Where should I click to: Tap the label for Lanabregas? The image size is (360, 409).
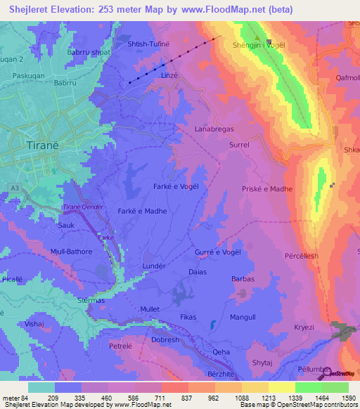coord(214,129)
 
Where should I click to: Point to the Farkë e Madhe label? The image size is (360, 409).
coord(142,211)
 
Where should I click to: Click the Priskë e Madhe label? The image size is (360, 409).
coord(266,189)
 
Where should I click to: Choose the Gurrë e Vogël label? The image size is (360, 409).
coord(217,252)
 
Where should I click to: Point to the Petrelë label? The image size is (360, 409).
coord(121,346)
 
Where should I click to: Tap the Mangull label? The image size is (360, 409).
coord(243,318)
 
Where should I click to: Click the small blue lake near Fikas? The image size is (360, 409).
coord(212,325)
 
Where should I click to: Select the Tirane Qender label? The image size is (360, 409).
coord(83,207)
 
